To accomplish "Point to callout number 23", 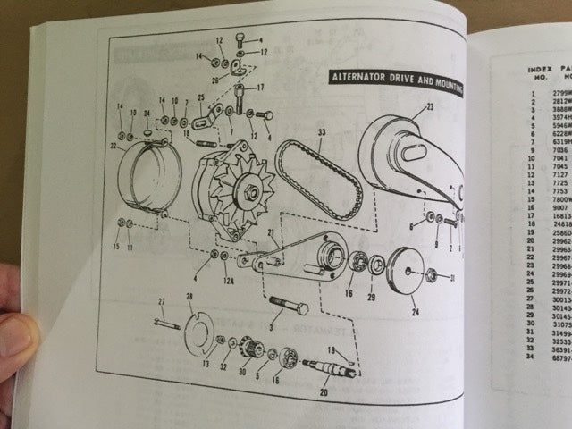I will click(429, 107).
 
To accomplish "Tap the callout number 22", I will click(114, 146).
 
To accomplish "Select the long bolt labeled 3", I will click(286, 306).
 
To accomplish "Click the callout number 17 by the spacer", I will click(260, 88).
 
